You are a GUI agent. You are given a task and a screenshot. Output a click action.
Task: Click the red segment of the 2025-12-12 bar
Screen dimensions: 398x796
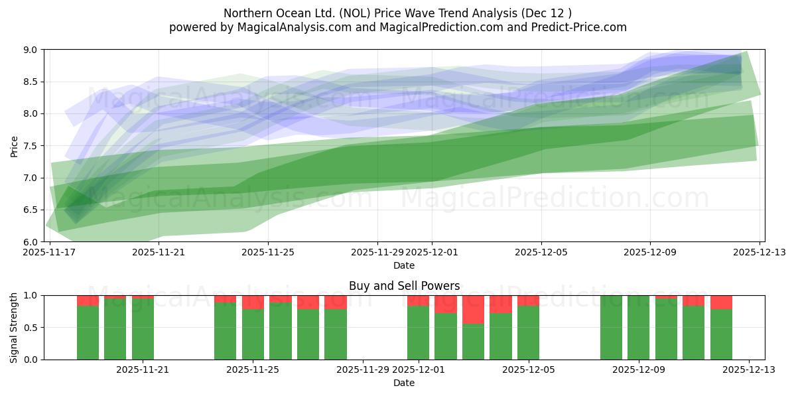tap(721, 302)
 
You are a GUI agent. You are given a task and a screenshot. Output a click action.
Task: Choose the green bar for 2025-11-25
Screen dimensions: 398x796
tap(253, 334)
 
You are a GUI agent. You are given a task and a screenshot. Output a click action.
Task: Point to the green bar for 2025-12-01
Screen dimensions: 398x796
tap(418, 332)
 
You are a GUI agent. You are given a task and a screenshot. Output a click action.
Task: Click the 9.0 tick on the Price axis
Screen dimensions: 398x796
tap(31, 50)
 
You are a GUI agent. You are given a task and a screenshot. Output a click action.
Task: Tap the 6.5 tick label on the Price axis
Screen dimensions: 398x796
tap(31, 210)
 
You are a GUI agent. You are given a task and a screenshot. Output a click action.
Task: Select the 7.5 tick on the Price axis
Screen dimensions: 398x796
tap(31, 146)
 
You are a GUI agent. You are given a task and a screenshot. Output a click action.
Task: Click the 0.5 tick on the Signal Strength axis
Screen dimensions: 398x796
tap(31, 328)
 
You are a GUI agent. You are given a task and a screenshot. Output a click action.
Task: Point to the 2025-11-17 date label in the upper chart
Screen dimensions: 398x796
tap(50, 252)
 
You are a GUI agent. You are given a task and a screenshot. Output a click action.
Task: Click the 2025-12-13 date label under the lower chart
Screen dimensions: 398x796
tap(749, 369)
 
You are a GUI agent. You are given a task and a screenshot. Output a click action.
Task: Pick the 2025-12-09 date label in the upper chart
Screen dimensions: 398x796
tap(649, 252)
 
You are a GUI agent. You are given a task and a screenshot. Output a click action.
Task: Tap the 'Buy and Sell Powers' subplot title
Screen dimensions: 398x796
tap(404, 287)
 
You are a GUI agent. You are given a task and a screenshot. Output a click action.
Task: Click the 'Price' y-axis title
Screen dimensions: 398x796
tap(15, 146)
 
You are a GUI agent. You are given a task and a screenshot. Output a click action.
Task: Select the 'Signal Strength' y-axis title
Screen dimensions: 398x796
tap(15, 328)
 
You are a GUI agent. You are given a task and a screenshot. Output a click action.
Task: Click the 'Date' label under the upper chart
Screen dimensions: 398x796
tap(404, 265)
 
